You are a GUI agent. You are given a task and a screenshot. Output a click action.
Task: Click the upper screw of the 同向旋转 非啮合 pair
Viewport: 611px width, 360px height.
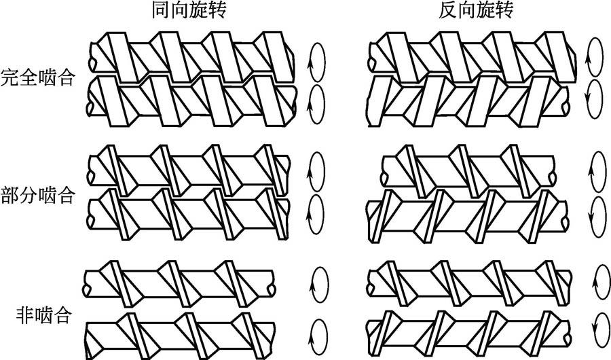[180, 282]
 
